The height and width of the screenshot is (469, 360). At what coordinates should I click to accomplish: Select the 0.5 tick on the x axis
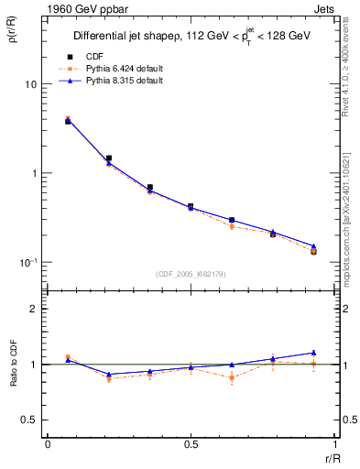click(x=191, y=444)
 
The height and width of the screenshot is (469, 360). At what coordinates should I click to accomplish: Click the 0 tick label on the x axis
click(x=48, y=444)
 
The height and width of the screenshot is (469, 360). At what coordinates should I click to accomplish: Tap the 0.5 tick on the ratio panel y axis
click(x=28, y=420)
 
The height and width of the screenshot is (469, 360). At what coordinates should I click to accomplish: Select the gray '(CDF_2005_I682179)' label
click(x=191, y=275)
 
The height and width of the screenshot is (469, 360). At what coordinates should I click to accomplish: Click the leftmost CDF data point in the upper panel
click(x=68, y=121)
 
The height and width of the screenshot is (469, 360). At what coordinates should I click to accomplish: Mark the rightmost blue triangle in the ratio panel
click(x=313, y=353)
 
